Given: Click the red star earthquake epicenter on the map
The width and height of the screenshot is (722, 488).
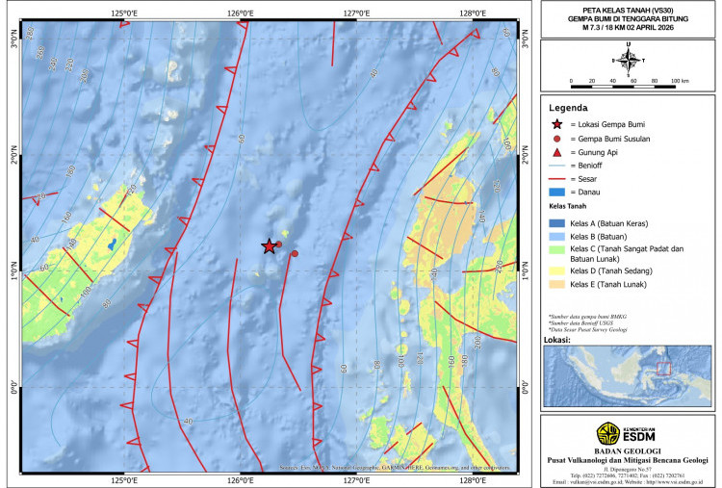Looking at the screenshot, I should (269, 246).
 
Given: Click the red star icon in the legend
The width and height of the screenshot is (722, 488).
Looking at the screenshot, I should (556, 125).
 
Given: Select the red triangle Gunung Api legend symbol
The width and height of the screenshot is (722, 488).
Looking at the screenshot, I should (556, 152).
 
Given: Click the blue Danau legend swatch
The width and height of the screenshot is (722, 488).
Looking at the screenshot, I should (556, 193).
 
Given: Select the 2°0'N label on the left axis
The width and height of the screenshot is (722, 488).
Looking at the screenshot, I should (14, 159).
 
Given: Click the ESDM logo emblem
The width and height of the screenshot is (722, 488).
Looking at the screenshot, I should (608, 432).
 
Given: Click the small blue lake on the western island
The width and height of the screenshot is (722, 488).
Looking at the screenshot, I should (113, 244).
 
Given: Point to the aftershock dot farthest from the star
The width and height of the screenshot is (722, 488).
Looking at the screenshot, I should (295, 254).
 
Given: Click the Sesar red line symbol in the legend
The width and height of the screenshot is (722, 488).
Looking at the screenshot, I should (556, 179).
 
